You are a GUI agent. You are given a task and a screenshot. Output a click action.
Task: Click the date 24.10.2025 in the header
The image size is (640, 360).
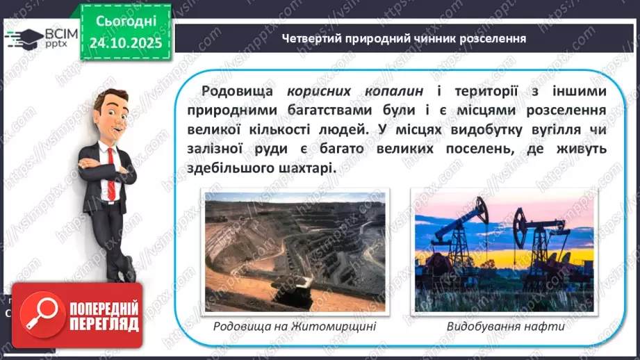126,43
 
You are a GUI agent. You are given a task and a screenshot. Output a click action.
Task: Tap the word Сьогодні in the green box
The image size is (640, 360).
126,22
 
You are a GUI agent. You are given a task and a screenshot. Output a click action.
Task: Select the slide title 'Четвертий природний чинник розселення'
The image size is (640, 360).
404,38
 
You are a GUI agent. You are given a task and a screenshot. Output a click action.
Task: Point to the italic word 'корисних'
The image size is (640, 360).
317,92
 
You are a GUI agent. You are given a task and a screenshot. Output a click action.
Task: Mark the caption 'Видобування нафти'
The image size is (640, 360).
504,326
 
